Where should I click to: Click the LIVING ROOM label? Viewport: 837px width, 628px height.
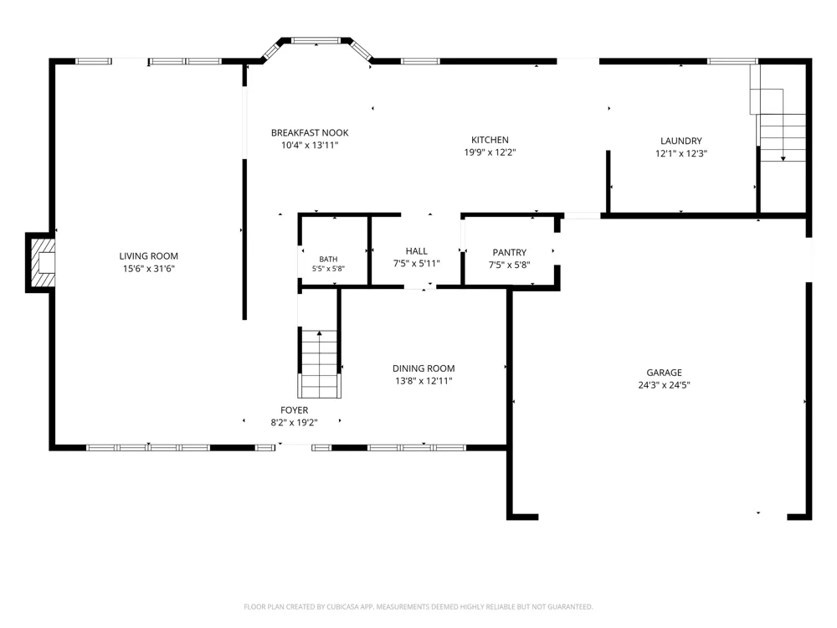[148, 256]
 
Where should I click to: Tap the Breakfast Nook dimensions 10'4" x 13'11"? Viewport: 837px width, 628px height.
[310, 145]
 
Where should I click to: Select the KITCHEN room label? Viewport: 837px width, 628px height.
[490, 140]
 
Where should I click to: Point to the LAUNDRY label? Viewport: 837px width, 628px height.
[681, 141]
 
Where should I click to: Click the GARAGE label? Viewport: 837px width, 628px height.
[664, 373]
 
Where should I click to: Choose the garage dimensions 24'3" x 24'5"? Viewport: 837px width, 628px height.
[664, 385]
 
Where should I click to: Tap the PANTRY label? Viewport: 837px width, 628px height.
[509, 253]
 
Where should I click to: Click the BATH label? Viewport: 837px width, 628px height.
[328, 260]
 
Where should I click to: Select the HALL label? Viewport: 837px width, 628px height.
[416, 251]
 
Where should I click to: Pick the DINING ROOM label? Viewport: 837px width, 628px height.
[424, 368]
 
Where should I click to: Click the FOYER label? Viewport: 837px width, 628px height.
[294, 410]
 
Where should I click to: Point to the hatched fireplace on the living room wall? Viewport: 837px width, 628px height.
[42, 263]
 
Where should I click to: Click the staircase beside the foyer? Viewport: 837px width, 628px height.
[319, 363]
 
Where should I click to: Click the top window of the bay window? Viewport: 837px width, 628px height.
[316, 40]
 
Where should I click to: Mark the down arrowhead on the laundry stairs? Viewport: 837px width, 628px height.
[783, 158]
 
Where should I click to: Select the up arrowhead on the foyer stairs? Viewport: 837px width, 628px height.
[319, 333]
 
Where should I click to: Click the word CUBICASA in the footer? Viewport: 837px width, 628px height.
[342, 606]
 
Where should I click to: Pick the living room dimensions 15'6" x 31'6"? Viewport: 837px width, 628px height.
[148, 269]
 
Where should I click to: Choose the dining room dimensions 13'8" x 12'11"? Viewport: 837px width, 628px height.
[424, 381]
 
